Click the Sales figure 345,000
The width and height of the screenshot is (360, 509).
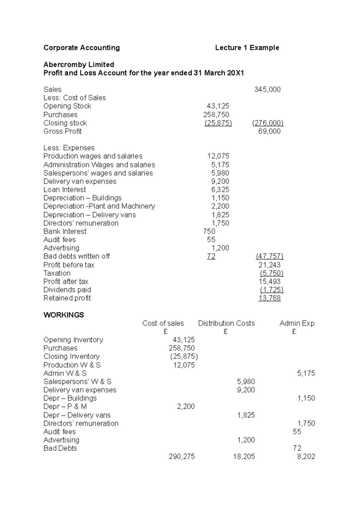pos(267,89)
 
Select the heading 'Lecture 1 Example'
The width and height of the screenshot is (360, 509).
pos(247,48)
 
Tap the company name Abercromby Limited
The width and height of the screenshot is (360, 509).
pos(79,64)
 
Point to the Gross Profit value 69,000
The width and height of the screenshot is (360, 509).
pos(269,131)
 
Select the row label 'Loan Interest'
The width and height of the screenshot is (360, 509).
pos(64,189)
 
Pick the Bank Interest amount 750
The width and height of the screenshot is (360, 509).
pos(209,231)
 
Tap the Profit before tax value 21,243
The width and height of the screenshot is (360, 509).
pos(269,265)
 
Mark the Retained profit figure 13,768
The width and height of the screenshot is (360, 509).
pos(269,298)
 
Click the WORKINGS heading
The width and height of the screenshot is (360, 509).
pos(64,315)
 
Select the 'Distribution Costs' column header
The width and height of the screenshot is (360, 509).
pos(226,323)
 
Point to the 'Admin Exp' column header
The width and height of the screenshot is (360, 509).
pos(297,323)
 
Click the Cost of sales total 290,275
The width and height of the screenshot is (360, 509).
pos(181,457)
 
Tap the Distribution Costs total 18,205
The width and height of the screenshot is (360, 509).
pos(244,457)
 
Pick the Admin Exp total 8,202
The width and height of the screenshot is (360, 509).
pos(306,457)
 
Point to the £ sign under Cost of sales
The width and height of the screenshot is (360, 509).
pos(165,332)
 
